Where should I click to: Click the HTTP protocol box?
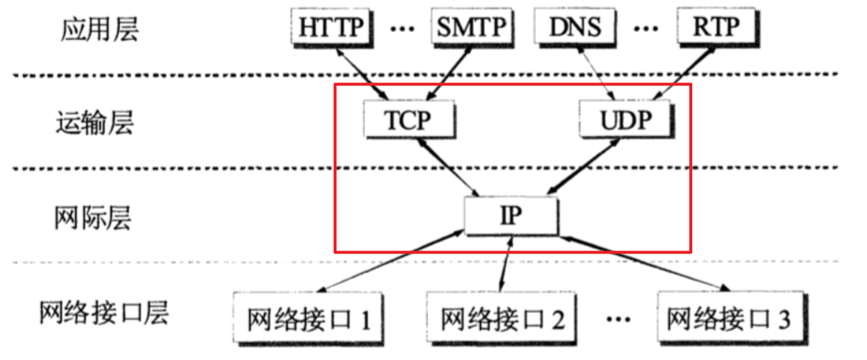tap(331, 28)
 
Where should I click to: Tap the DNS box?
tap(576, 28)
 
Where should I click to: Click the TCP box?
tap(409, 120)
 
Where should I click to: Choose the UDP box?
tap(626, 120)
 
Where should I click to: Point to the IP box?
tap(511, 215)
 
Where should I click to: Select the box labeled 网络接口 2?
tap(503, 319)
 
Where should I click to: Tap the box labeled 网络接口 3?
tap(729, 319)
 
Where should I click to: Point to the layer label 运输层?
tap(94, 122)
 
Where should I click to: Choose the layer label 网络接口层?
tap(103, 313)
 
